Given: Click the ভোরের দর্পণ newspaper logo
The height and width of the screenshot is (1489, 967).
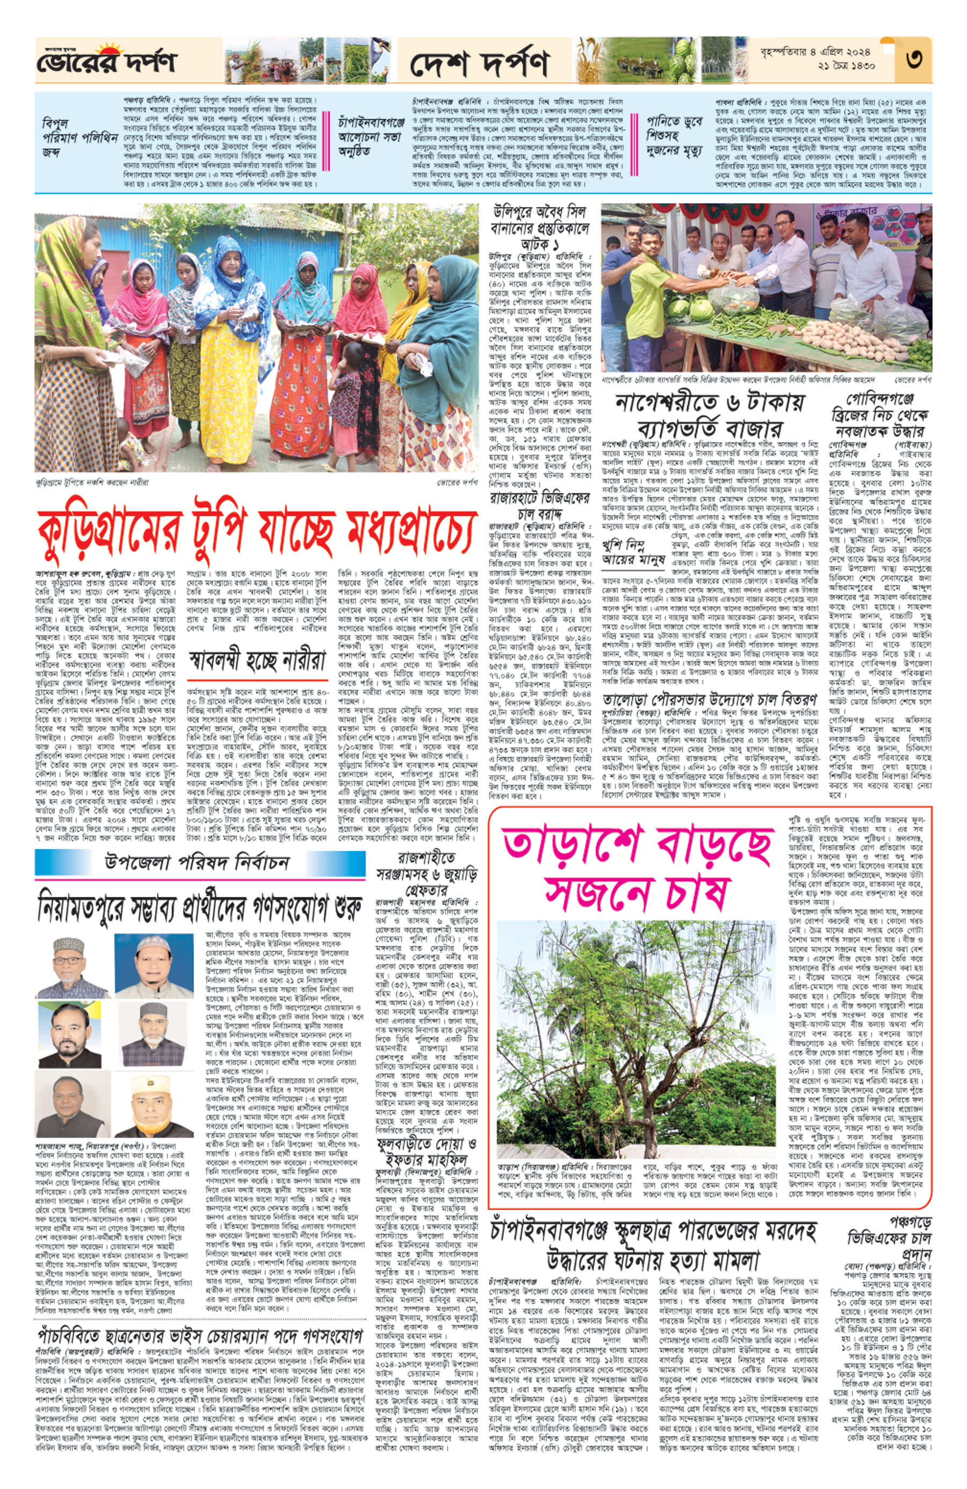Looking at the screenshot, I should click(x=106, y=61).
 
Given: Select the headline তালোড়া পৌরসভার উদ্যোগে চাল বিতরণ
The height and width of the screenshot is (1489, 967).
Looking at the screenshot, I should click(x=709, y=700).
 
